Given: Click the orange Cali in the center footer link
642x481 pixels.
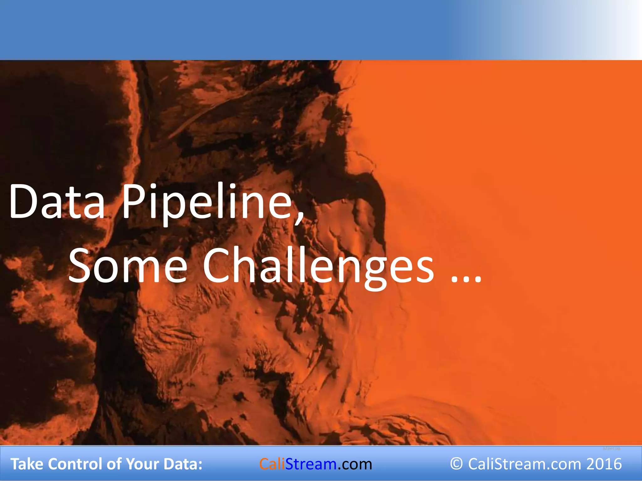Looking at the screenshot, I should point(272,464).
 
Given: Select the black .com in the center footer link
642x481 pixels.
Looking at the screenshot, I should point(355,464).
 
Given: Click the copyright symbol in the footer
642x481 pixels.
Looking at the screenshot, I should point(456,464).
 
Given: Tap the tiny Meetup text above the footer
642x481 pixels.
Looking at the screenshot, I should point(611,449).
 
